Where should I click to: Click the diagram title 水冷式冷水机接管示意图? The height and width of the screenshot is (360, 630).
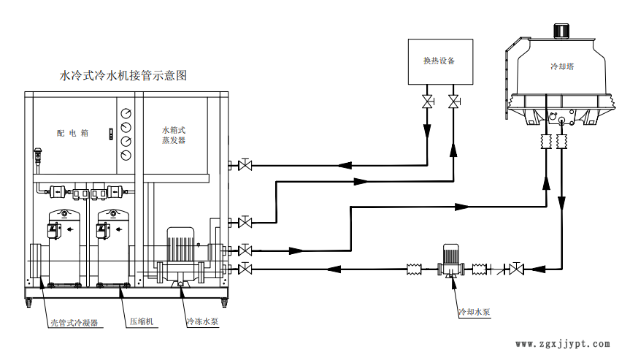pos(123,75)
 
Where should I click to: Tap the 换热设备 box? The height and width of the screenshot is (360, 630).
pos(439,61)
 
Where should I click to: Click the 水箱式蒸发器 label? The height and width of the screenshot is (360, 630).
pos(174,134)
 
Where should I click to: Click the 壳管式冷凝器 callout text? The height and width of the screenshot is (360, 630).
pos(74,321)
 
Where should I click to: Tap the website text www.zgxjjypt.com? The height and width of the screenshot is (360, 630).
pos(562,343)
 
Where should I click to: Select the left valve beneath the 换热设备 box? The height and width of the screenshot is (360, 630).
pos(426,101)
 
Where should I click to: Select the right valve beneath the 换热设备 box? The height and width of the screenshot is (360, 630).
pos(454,101)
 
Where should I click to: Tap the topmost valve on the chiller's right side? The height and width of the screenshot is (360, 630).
pos(246,165)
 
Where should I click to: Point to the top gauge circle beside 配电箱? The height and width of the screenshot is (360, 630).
pos(127,115)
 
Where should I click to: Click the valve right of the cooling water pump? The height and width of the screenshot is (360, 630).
pos(518,269)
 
